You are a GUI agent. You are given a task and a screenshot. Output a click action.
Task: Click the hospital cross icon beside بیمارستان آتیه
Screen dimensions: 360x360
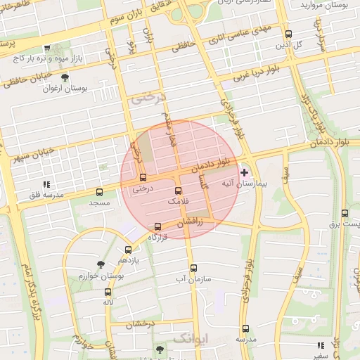pos(245,172)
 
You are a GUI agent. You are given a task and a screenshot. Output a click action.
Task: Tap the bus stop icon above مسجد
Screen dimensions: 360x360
pos(99,191)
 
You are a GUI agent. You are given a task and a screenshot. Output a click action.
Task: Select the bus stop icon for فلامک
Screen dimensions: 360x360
pos(178,191)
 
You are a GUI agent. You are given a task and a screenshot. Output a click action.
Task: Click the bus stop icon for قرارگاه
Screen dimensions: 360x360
pos(157,227)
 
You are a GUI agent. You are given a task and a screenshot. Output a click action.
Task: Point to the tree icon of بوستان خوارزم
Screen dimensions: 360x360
pos(101,264)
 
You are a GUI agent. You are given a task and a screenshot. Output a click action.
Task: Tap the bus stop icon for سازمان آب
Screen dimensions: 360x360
pos(194,267)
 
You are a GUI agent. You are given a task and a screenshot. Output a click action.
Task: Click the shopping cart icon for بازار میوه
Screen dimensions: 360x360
pos(46,48)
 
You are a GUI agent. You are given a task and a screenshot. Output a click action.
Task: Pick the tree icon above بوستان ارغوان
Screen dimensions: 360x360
pos(65,77)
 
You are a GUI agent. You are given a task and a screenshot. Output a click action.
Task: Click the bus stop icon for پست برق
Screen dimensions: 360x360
pos(345,213)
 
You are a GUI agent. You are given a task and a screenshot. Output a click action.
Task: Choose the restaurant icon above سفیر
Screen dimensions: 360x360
pos(321,345)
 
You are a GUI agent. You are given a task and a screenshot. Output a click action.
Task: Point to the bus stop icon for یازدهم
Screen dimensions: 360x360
pos(128,250)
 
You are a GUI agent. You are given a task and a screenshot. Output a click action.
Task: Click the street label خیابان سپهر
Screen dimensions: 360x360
pos(32,157)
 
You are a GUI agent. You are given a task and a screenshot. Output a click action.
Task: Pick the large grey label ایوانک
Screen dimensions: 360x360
pos(190,339)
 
